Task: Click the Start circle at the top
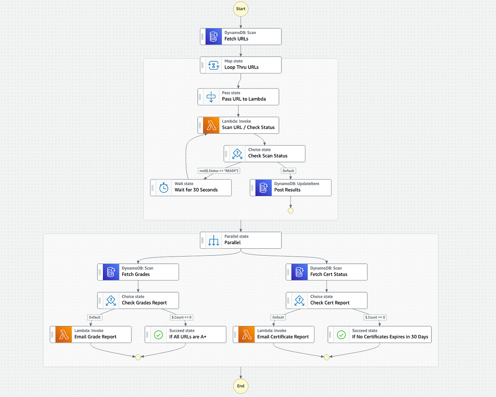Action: point(241,9)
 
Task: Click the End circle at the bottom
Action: point(241,386)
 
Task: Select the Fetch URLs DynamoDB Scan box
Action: point(241,36)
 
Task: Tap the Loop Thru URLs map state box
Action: point(241,65)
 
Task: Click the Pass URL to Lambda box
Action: point(238,97)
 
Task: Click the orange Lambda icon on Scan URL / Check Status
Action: point(211,125)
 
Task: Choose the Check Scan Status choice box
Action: point(265,153)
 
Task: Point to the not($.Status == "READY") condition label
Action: point(219,171)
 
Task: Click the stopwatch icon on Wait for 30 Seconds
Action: point(164,188)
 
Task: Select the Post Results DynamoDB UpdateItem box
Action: point(291,188)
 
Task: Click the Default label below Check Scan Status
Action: point(288,171)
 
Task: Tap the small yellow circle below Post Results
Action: point(291,211)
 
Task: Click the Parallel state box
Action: point(241,240)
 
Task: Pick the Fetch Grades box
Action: point(138,272)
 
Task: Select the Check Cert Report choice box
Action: point(327,300)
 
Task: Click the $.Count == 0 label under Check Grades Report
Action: point(181,317)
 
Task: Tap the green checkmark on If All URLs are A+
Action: point(158,335)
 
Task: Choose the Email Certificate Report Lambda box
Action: point(274,335)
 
